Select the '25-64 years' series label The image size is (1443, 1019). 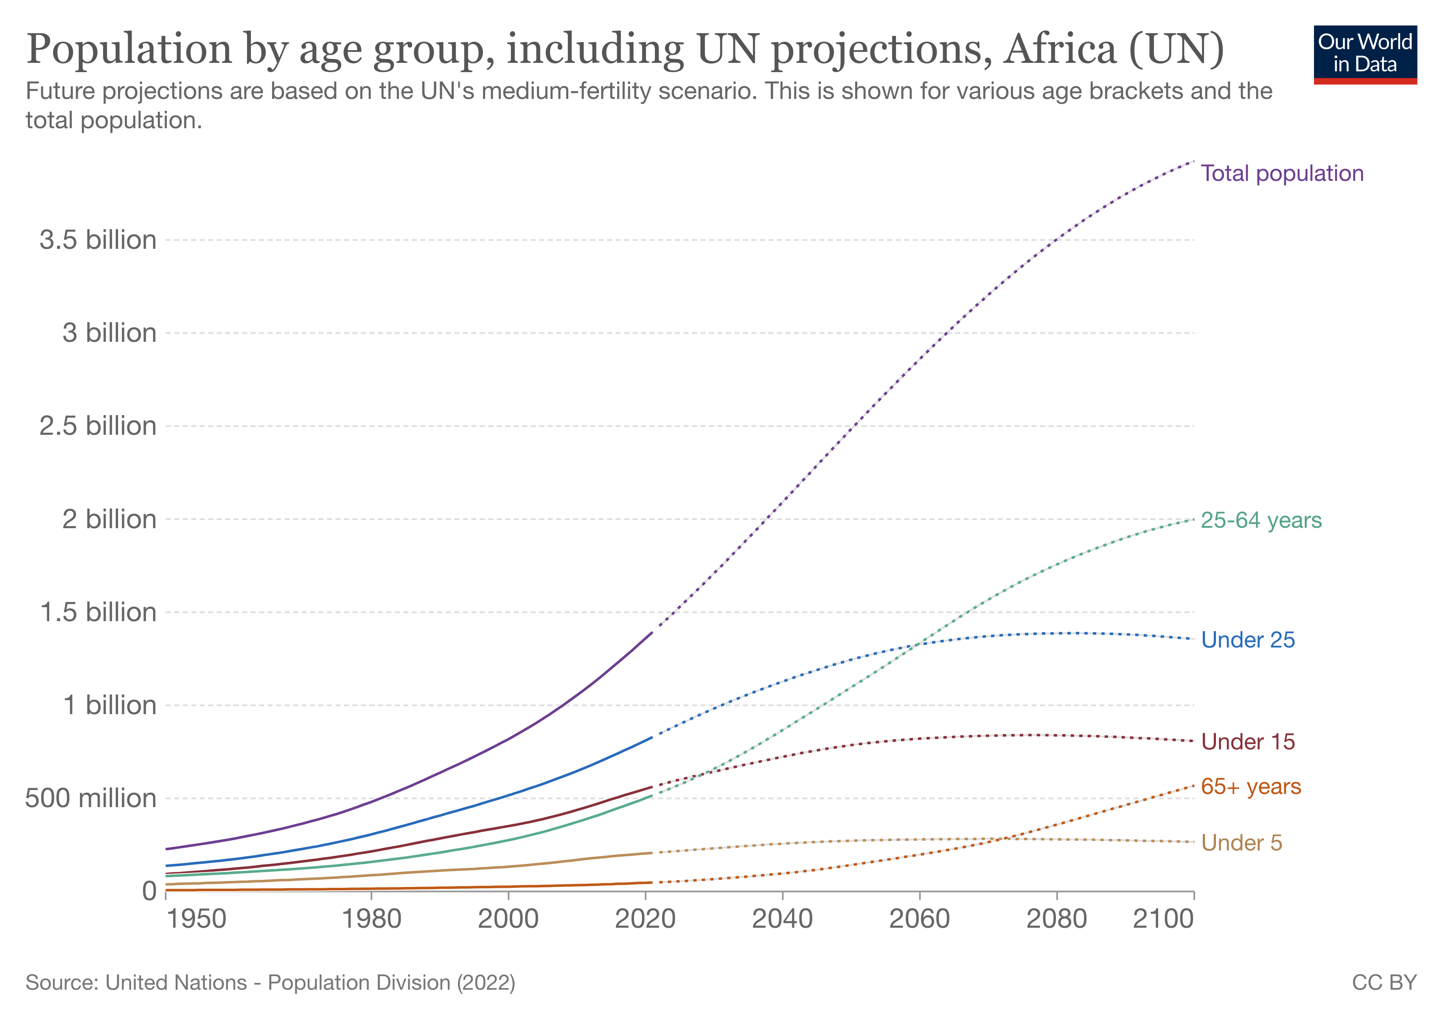pyautogui.click(x=1261, y=521)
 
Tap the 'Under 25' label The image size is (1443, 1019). pyautogui.click(x=1247, y=640)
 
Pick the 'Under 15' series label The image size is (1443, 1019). pyautogui.click(x=1247, y=742)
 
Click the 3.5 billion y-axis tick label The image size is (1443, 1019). pyautogui.click(x=98, y=240)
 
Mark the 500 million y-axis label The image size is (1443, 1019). pyautogui.click(x=90, y=798)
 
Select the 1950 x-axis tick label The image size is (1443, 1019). pyautogui.click(x=196, y=919)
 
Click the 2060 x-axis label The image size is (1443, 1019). pyautogui.click(x=919, y=919)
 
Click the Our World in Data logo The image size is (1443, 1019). pyautogui.click(x=1364, y=54)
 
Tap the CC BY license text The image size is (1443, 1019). pyautogui.click(x=1384, y=982)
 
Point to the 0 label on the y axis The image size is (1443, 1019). pyautogui.click(x=149, y=891)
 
